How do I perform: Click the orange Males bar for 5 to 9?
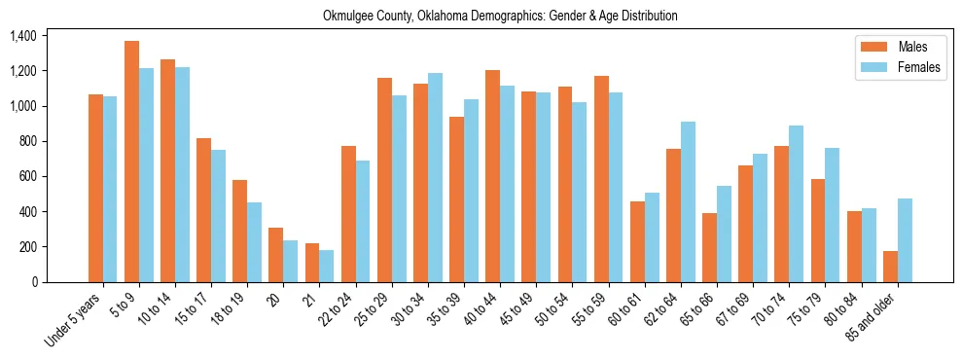(x=131, y=162)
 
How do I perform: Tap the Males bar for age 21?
(x=312, y=263)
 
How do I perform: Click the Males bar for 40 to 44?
(x=492, y=176)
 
